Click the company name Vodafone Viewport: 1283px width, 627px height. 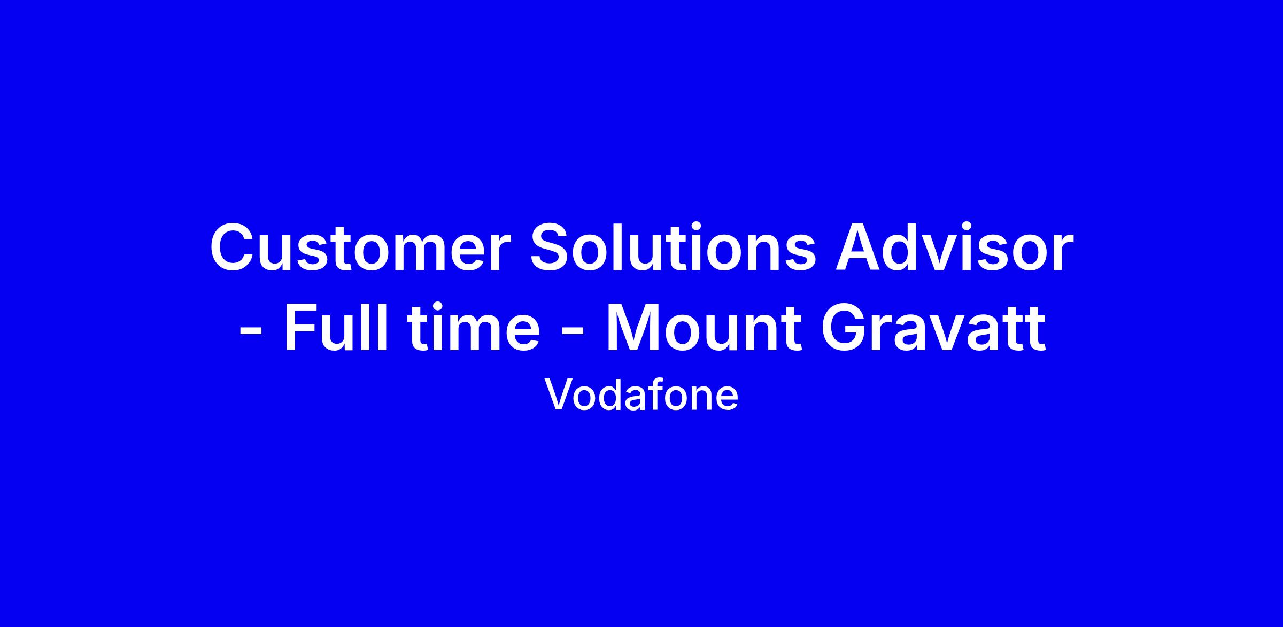(641, 394)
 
